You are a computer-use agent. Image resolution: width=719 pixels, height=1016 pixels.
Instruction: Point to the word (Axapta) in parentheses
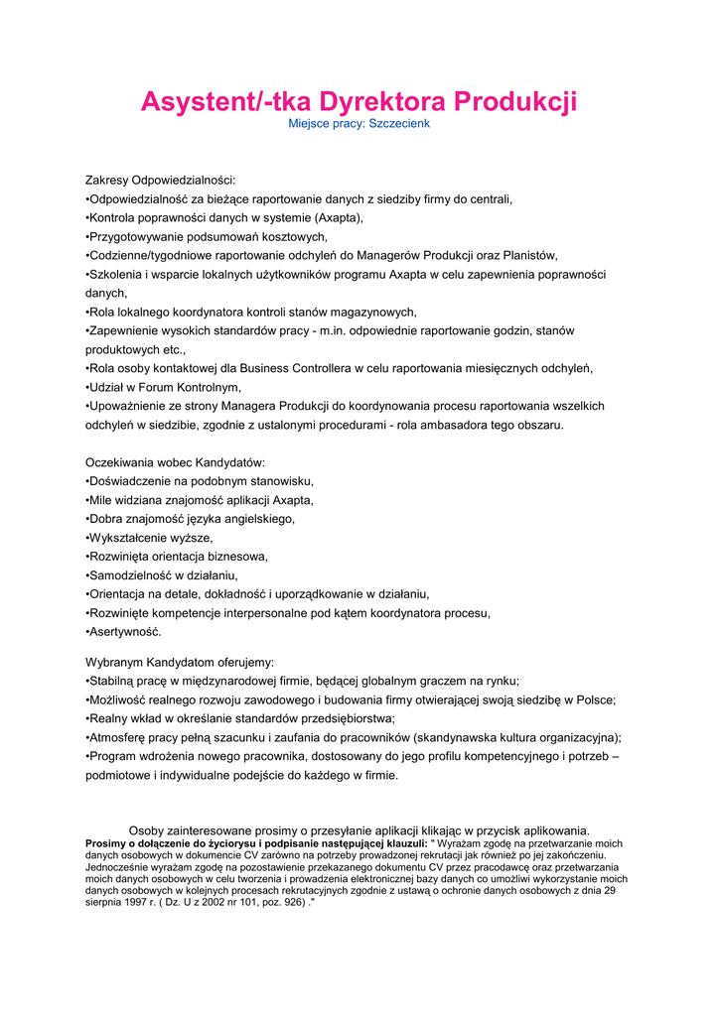coord(339,218)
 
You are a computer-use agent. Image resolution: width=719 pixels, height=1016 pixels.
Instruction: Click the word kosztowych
coord(288,237)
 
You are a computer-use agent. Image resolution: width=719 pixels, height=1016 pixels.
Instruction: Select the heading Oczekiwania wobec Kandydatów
coord(175,463)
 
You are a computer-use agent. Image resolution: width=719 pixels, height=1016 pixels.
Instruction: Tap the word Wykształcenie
coord(128,538)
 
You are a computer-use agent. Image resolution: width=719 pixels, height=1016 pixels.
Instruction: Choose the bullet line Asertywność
coord(124,632)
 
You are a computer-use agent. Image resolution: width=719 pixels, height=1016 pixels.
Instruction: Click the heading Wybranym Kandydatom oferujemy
coord(180,662)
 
